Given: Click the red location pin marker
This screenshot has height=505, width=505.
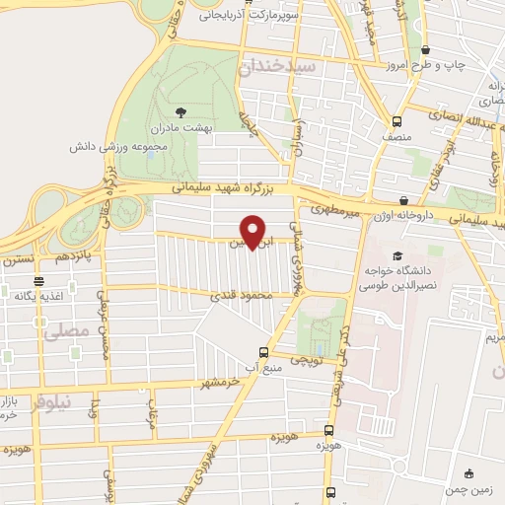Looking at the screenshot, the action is click(253, 232).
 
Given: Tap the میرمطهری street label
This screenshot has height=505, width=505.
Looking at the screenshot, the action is click(335, 208).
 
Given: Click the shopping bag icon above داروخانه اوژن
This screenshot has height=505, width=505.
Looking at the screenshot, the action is click(404, 199).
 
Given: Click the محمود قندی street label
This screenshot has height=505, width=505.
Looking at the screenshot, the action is click(234, 294).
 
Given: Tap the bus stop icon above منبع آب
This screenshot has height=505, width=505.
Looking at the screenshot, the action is click(263, 352).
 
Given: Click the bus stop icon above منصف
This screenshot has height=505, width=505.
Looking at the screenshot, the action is click(397, 121).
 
